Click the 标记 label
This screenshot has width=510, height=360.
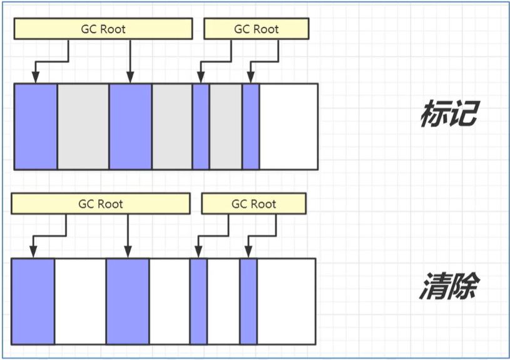449,113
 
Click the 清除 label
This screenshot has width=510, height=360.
449,285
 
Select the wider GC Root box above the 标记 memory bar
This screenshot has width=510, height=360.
103,29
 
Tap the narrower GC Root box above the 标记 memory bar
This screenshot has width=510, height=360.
257,29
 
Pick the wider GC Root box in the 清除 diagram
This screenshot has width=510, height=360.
101,203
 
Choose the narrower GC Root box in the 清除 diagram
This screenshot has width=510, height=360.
253,203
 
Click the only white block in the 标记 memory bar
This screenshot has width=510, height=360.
288,126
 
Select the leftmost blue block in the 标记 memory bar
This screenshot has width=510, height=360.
36,126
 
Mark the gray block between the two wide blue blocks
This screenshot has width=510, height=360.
83,126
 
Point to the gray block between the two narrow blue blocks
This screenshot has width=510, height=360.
226,126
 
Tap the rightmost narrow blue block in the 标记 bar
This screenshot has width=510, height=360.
251,126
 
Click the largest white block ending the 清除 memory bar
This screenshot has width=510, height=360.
286,301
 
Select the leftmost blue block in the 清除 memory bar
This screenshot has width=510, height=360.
33,301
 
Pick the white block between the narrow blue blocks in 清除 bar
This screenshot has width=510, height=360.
223,301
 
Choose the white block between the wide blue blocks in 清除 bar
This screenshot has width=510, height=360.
80,301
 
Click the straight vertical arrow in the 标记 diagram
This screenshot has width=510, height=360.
130,61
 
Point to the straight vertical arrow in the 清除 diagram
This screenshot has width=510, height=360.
128,236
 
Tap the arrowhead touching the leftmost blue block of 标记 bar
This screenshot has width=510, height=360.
36,78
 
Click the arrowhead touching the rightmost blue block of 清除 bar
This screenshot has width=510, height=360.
248,252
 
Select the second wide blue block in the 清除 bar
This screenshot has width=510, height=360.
128,301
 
